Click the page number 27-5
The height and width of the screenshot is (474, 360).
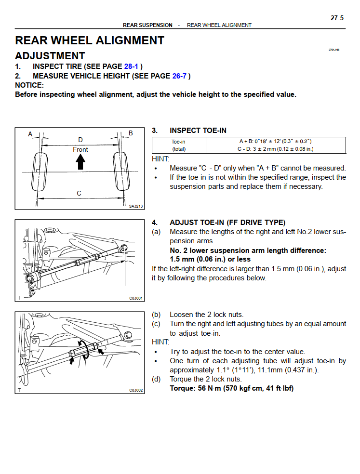(x=337, y=18)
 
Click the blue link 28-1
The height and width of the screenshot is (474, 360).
(x=132, y=66)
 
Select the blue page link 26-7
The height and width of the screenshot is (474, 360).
(x=179, y=76)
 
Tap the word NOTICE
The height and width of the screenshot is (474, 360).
(x=29, y=85)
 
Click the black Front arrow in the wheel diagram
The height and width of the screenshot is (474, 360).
(x=80, y=163)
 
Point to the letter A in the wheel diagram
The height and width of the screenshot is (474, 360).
(x=30, y=133)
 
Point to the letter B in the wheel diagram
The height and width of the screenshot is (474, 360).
(x=131, y=133)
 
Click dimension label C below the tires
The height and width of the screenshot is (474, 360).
(x=79, y=193)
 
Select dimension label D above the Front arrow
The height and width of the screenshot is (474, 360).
(x=80, y=140)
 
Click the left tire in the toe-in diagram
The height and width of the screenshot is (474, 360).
(x=38, y=172)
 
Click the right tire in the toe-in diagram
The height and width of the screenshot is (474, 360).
(x=121, y=172)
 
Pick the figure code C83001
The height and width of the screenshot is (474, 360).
(x=136, y=298)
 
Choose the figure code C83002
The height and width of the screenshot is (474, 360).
(x=136, y=390)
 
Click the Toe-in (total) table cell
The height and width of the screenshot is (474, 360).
(x=179, y=145)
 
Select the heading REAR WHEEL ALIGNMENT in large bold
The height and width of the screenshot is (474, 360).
(x=90, y=40)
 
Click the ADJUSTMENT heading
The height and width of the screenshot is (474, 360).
(x=50, y=56)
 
